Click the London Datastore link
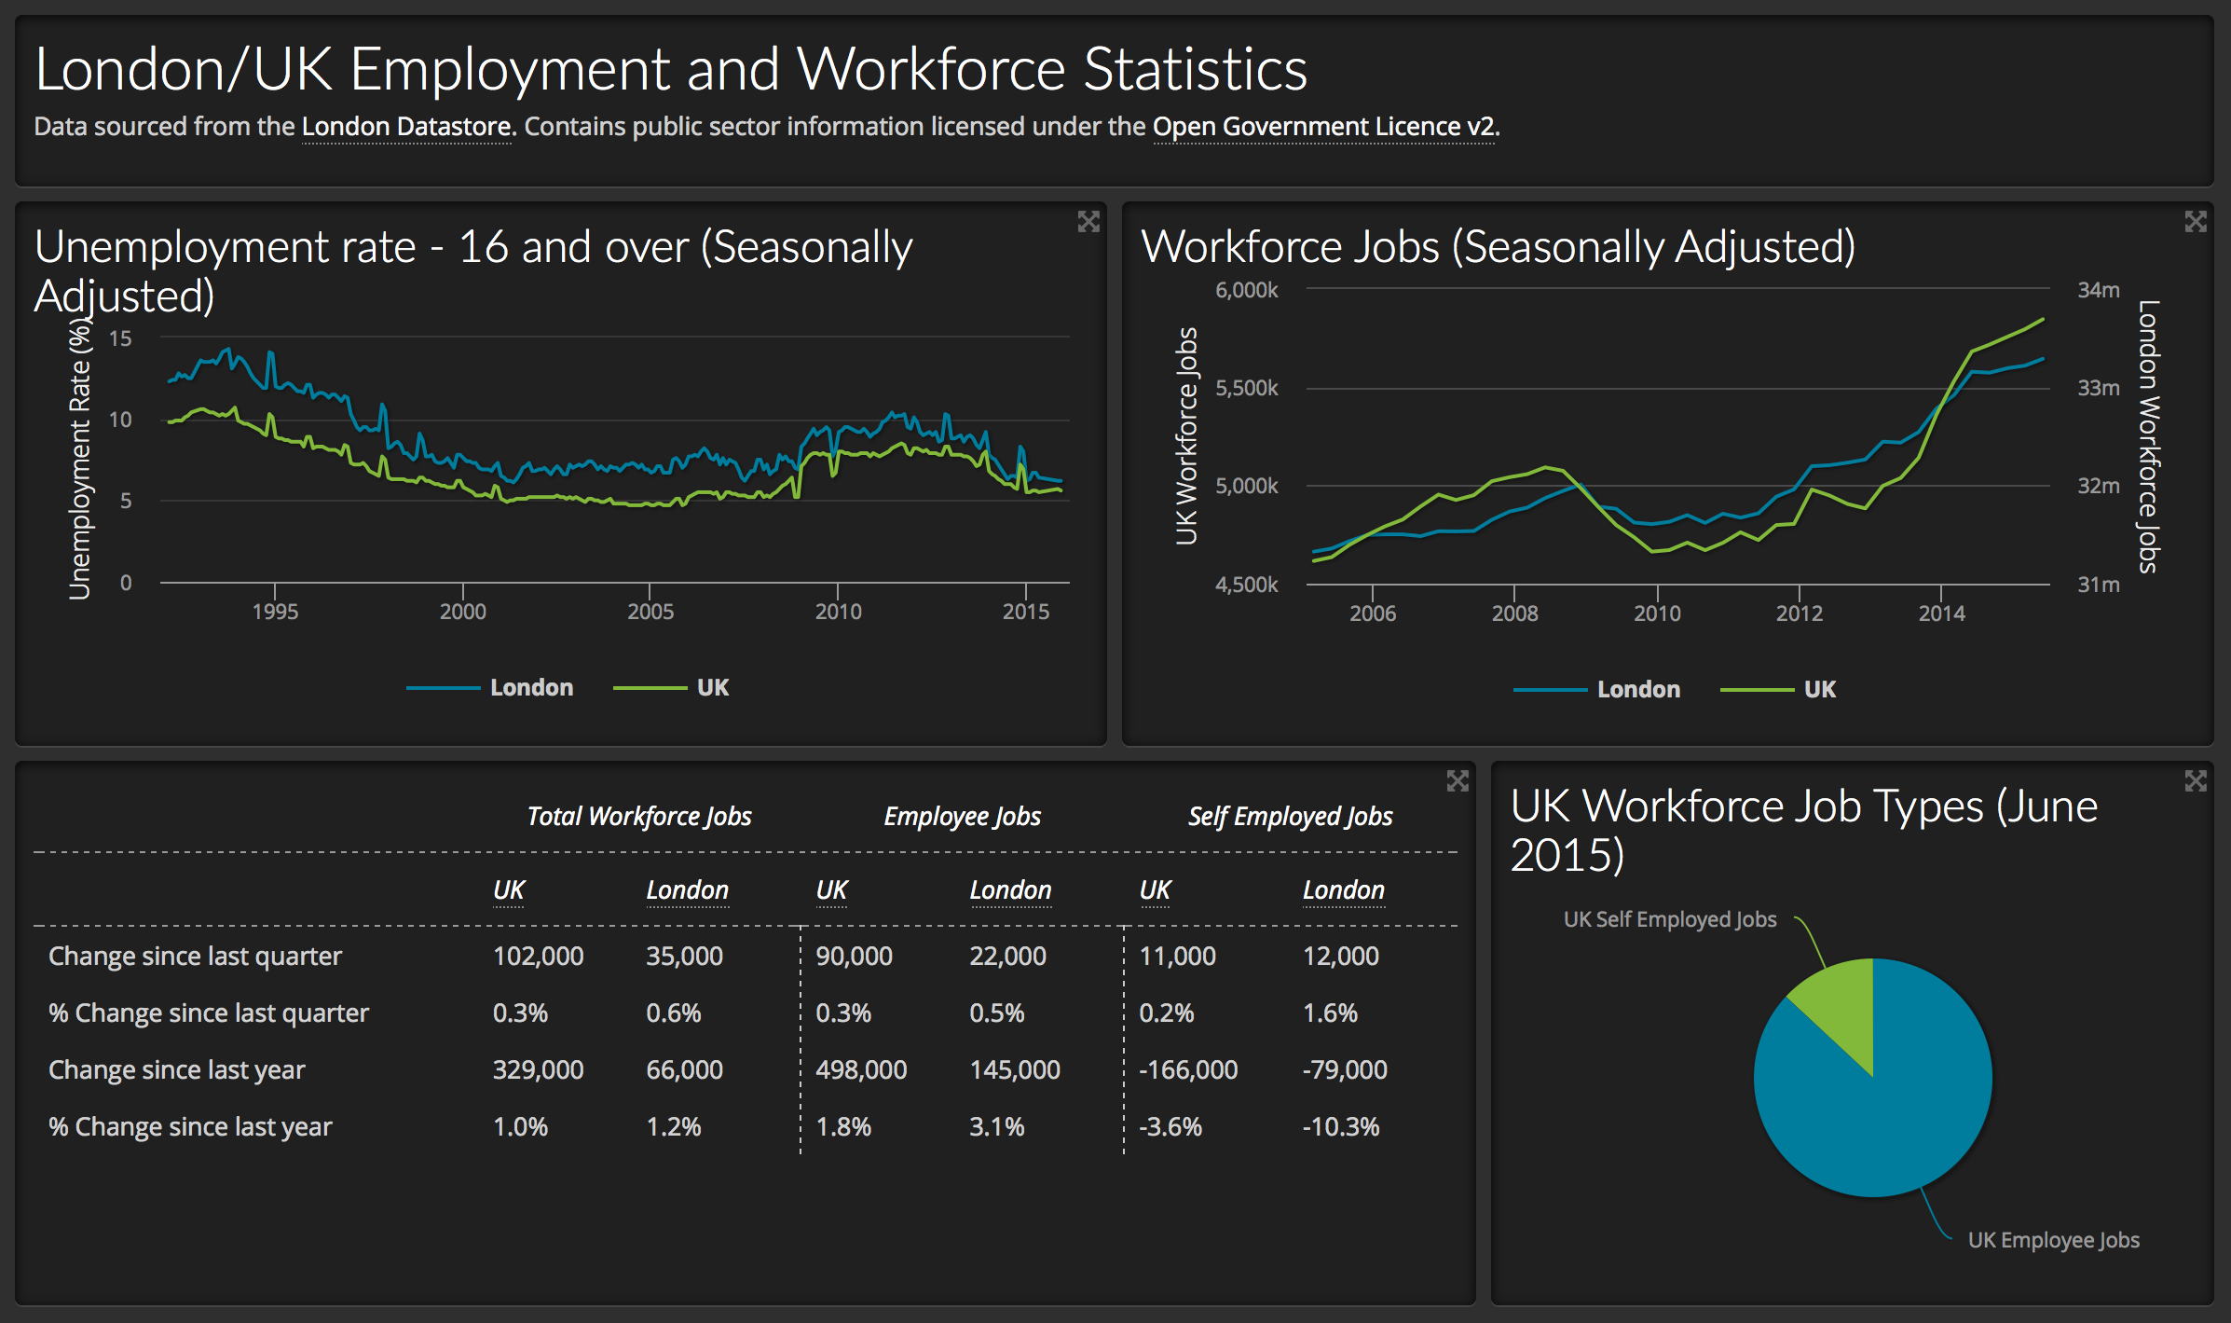[407, 127]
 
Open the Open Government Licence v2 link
[1324, 127]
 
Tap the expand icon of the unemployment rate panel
[1088, 222]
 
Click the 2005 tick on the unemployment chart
[650, 611]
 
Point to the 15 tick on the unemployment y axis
[120, 338]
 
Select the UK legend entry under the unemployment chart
[712, 688]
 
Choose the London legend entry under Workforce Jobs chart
[1637, 690]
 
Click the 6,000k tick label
[1246, 290]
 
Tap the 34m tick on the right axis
[2098, 290]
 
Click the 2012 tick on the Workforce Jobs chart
[1799, 613]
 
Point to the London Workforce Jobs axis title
[2148, 436]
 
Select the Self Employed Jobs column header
[1290, 817]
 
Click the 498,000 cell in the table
[861, 1069]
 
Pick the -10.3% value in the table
[1340, 1126]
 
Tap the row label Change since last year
[177, 1069]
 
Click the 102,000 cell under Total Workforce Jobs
[538, 956]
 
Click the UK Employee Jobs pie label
[2053, 1240]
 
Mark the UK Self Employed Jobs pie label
[1669, 919]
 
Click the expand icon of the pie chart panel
[2196, 781]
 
